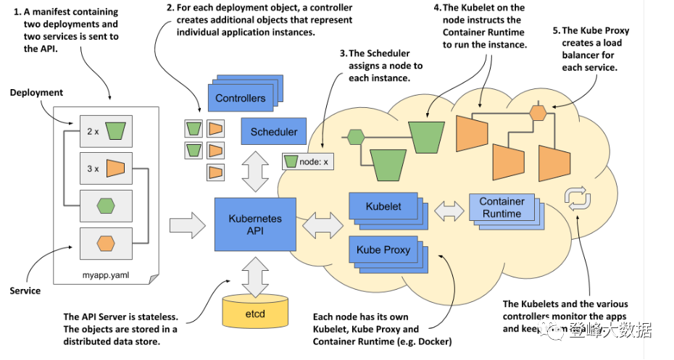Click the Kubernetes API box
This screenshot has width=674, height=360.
(x=254, y=224)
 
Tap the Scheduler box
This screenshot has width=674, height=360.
(x=273, y=132)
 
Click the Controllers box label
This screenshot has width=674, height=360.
(x=240, y=98)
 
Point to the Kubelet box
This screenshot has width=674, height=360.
(x=383, y=207)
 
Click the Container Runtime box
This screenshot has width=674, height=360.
(x=501, y=208)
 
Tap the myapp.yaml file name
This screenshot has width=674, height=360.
(x=106, y=275)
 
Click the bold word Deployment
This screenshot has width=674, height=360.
(x=36, y=93)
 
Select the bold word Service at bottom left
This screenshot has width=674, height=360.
(x=25, y=290)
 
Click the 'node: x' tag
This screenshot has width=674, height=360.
(x=307, y=161)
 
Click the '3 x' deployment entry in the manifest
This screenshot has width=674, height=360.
(x=106, y=169)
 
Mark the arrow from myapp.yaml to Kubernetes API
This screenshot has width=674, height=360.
(x=188, y=223)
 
